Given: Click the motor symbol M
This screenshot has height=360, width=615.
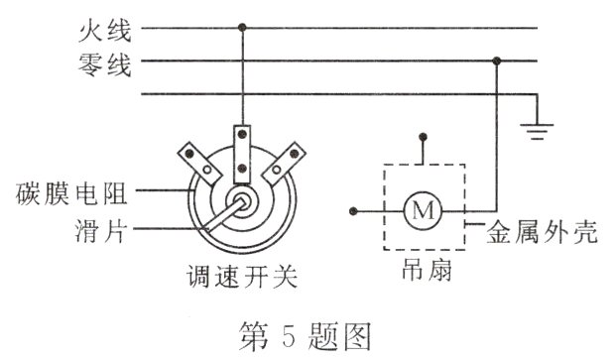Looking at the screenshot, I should click(x=424, y=211).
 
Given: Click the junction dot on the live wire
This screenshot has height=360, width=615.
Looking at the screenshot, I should click(x=241, y=30).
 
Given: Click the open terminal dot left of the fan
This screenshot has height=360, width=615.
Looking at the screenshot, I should click(x=354, y=211).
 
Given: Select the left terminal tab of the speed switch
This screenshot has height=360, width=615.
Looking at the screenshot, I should click(x=196, y=160).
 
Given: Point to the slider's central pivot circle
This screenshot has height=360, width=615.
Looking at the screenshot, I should click(x=241, y=198).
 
